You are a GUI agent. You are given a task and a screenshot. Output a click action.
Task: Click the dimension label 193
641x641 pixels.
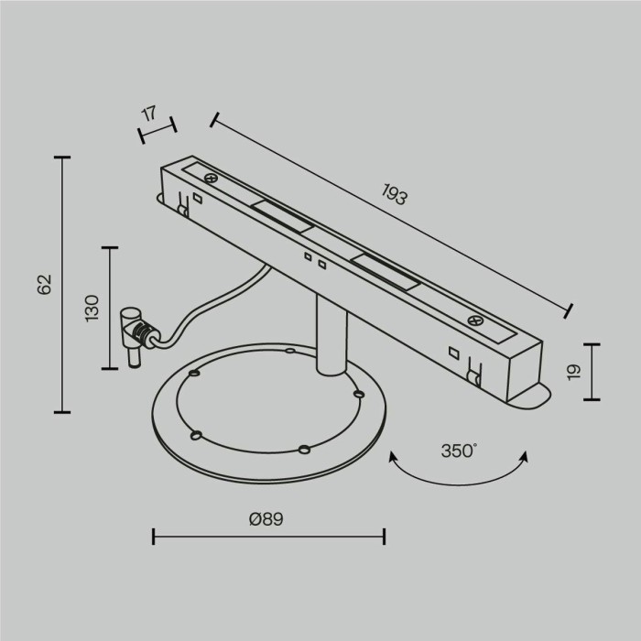pyautogui.click(x=395, y=194)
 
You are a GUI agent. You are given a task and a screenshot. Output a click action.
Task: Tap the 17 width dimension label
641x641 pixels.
pyautogui.click(x=149, y=114)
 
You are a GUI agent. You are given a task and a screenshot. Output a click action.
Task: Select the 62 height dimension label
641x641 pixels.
pyautogui.click(x=45, y=285)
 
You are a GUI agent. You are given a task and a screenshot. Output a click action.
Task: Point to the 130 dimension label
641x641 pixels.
pyautogui.click(x=92, y=309)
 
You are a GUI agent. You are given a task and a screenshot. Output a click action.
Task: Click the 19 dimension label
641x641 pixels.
pyautogui.click(x=574, y=372)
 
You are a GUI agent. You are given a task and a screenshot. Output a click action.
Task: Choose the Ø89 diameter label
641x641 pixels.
pyautogui.click(x=266, y=519)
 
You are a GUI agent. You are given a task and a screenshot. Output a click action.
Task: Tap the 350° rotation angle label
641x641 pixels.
pyautogui.click(x=459, y=451)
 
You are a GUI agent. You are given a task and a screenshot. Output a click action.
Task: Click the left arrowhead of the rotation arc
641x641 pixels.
pyautogui.click(x=393, y=456)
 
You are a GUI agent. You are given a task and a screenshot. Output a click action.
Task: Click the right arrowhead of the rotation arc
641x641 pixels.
pyautogui.click(x=523, y=456)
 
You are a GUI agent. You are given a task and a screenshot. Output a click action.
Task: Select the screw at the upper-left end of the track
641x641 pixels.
pyautogui.click(x=211, y=178)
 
